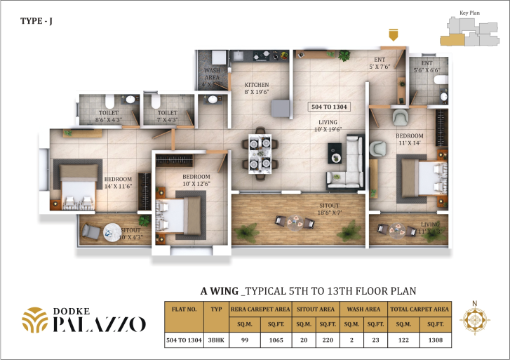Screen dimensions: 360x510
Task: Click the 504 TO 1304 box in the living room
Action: [x=330, y=107]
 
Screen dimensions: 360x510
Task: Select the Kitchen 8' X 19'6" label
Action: [x=256, y=88]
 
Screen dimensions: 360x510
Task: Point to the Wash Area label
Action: [x=212, y=77]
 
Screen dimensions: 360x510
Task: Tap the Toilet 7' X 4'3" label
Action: [x=167, y=116]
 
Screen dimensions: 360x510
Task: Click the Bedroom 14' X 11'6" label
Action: [x=118, y=182]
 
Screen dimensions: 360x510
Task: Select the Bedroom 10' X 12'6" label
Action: [x=196, y=180]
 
